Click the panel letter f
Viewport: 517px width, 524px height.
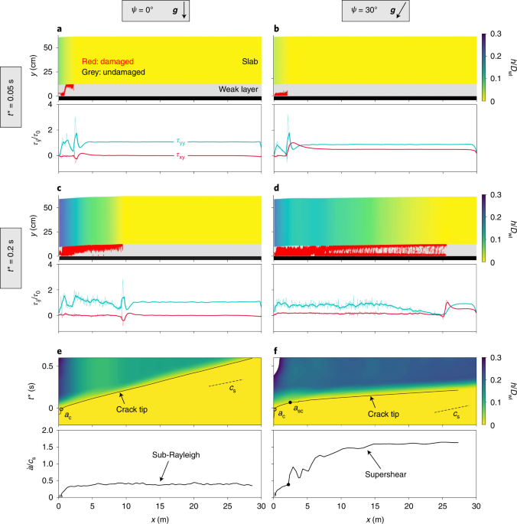click(275, 353)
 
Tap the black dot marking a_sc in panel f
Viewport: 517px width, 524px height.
click(290, 402)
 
